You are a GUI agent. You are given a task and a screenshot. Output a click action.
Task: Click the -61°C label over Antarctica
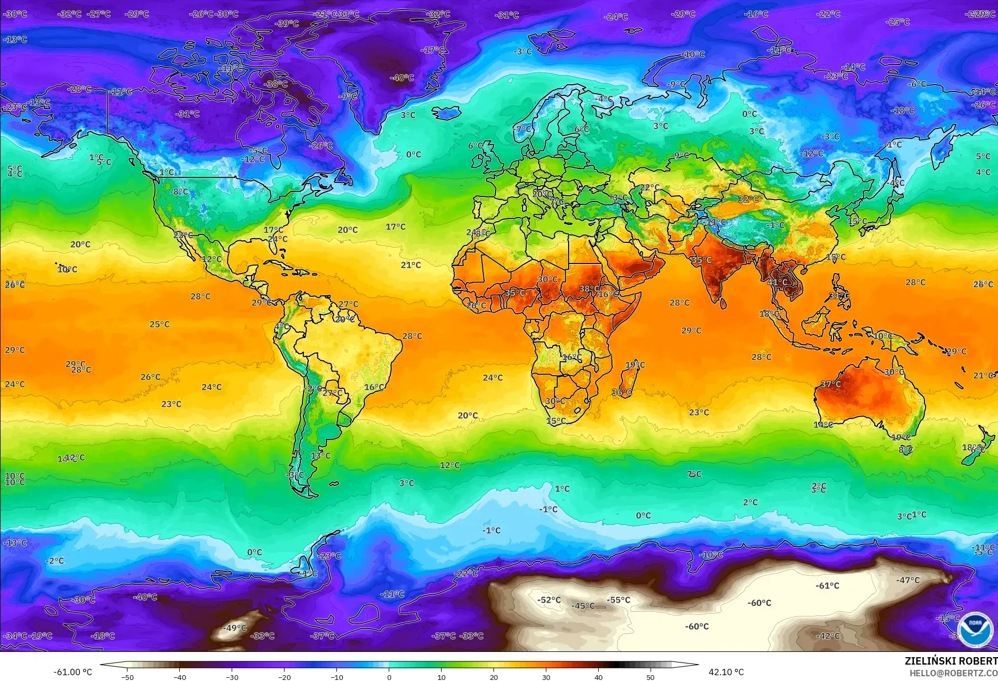point(827,586)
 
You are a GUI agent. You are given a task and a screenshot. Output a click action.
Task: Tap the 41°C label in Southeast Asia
point(777,283)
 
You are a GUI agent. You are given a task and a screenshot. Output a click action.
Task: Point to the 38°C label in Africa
point(589,289)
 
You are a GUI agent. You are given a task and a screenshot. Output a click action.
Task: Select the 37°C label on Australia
point(830,384)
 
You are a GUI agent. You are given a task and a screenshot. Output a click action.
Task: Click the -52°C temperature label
point(549,600)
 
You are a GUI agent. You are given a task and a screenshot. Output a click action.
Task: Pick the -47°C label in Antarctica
point(908,580)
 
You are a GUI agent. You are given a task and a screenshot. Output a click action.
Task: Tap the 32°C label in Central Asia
point(748,199)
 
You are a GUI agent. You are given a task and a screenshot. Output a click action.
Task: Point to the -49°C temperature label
point(235,628)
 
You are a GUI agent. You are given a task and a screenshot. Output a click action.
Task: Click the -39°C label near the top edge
point(287,23)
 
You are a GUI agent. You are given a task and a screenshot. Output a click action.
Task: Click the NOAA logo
point(975,629)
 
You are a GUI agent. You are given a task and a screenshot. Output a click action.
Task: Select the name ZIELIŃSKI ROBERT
point(951,661)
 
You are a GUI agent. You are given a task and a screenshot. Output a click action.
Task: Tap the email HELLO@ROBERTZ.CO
point(953,673)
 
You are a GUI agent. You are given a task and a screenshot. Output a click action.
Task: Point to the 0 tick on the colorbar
point(389,677)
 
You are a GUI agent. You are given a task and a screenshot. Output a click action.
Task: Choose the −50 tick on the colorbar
point(127,677)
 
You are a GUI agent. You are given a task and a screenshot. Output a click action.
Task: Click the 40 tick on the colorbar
point(598,677)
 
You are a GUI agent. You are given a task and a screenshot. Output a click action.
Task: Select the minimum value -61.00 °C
point(72,672)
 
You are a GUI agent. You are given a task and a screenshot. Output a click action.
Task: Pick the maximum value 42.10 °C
point(726,672)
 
